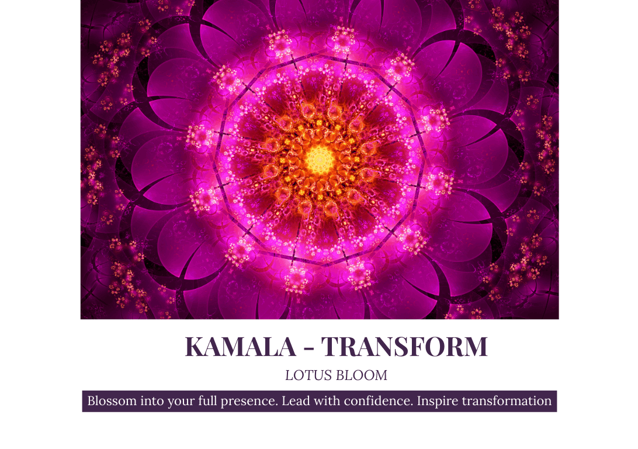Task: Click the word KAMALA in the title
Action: pos(240,347)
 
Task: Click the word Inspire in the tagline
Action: pos(437,402)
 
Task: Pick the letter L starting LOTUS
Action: pos(289,375)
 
